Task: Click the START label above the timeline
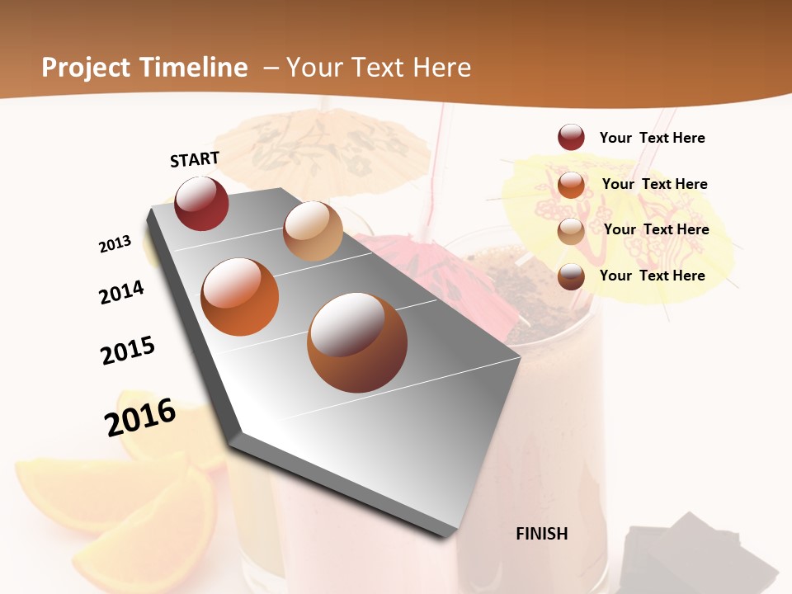click(195, 159)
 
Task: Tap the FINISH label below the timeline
click(541, 534)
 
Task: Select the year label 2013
click(115, 244)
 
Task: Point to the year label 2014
click(121, 293)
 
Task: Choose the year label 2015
click(128, 351)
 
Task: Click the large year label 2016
click(140, 417)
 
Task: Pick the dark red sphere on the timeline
click(202, 204)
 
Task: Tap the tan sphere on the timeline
click(313, 231)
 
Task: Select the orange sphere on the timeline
click(240, 297)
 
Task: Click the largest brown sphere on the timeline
click(356, 342)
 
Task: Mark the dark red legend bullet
click(571, 138)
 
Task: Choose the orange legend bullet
click(571, 185)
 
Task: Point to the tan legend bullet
click(571, 231)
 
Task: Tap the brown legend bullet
click(571, 276)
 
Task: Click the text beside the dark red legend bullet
click(652, 138)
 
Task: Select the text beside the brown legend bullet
click(652, 276)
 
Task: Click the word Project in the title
click(87, 68)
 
